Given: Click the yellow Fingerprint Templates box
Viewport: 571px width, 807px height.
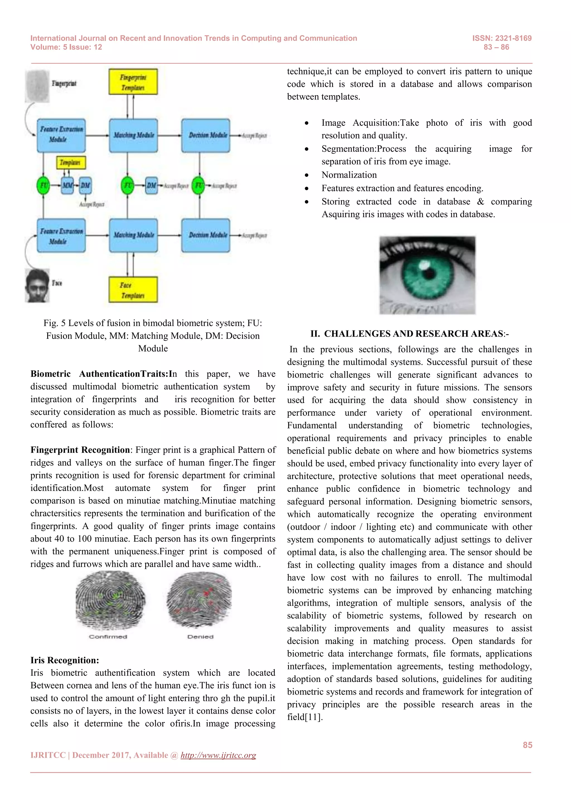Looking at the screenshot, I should coord(133,82).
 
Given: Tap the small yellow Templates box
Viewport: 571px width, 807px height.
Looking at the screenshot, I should coord(71,162).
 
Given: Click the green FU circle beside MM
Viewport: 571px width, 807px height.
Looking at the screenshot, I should coord(43,185).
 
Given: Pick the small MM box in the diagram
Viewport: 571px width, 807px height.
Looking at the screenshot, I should coord(67,185).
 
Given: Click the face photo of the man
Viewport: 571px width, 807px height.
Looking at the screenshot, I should coord(37,285).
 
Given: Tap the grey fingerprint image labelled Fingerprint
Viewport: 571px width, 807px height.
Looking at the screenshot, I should coord(37,86).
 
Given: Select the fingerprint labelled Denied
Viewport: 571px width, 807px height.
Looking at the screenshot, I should coord(199,600).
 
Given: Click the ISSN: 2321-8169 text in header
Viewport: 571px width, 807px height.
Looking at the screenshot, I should coord(502,38).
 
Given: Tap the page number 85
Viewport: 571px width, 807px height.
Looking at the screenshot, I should coord(527,745).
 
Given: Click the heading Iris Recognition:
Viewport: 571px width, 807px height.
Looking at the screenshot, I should coord(65,660).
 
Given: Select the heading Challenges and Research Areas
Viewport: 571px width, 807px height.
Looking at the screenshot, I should coord(409,334).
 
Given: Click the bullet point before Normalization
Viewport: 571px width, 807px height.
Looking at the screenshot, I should coord(307,175).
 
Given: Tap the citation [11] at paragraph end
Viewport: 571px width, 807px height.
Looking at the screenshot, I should coord(313,717).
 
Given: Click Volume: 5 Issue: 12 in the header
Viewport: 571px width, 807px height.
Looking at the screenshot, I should coord(66,47).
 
